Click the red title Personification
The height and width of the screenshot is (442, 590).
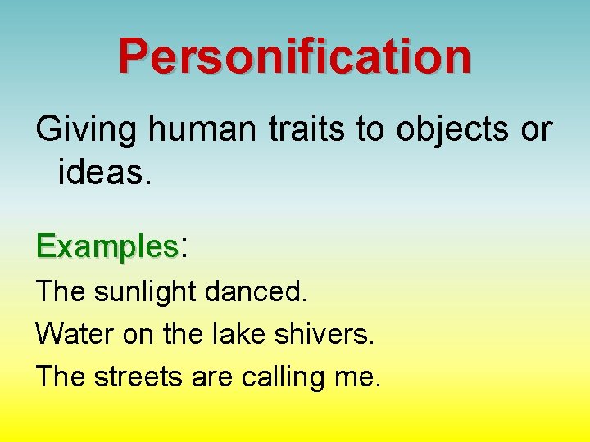pyautogui.click(x=295, y=56)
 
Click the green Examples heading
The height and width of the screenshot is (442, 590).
pyautogui.click(x=107, y=246)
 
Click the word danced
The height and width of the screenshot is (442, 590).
pyautogui.click(x=256, y=290)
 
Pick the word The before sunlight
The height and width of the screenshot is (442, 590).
pyautogui.click(x=61, y=290)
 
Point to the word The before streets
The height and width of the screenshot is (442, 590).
pyautogui.click(x=61, y=377)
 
